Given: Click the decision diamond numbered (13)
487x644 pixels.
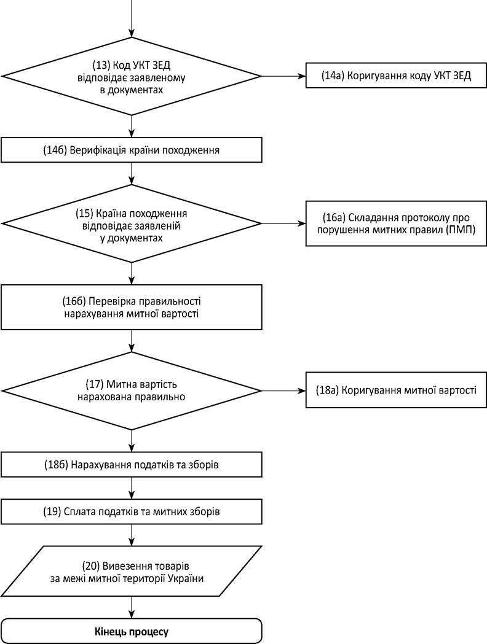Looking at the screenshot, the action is (x=132, y=76).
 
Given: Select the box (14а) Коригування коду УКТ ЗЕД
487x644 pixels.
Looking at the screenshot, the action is (x=396, y=76).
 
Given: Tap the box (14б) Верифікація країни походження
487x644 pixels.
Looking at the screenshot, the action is (x=132, y=150).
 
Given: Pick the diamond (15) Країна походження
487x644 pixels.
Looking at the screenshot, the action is (x=132, y=224).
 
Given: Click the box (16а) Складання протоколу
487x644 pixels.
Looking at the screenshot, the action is (x=396, y=223).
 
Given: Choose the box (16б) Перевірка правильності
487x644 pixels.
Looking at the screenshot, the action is (x=132, y=307).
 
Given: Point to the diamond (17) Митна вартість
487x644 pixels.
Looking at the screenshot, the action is (x=132, y=390).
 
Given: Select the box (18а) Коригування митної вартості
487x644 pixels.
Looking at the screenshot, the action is (x=396, y=390).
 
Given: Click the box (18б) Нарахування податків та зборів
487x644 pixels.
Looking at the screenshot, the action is (x=132, y=465).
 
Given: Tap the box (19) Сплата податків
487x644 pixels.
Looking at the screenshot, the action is (x=132, y=512).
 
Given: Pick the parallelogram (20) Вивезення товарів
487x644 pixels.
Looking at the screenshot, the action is (x=132, y=572).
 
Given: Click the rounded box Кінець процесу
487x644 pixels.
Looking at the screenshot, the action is (x=132, y=631).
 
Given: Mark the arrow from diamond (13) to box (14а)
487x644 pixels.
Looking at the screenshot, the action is (x=284, y=76).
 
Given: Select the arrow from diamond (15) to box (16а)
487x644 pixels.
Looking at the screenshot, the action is (x=284, y=223).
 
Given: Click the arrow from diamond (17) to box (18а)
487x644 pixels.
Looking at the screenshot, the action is (x=284, y=390).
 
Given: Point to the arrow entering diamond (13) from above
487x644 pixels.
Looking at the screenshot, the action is (x=132, y=18).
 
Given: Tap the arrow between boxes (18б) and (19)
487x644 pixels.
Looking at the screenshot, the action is (x=132, y=488).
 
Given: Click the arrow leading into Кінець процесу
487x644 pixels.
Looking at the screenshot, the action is (x=132, y=607).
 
